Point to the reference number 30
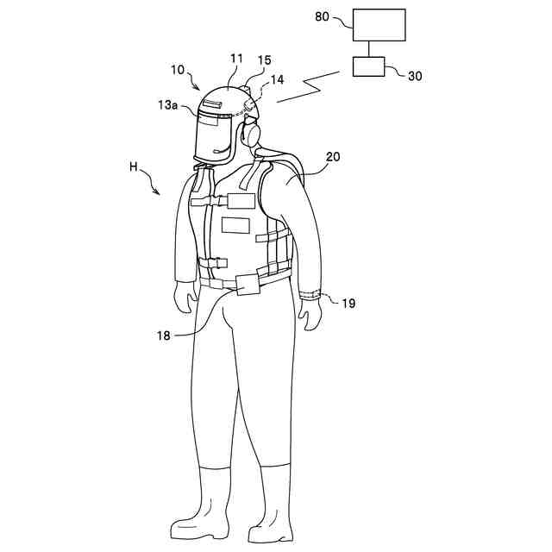(415, 75)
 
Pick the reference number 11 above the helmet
(236, 60)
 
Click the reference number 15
(264, 60)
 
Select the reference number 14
(277, 78)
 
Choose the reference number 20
(333, 157)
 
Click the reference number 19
(348, 303)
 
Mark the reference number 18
(164, 335)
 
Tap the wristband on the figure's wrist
(310, 295)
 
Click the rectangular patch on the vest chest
(235, 225)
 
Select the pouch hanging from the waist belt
(247, 283)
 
